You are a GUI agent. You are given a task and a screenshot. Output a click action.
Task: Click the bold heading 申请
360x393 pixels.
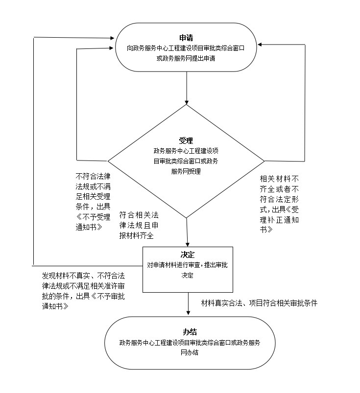tap(186, 38)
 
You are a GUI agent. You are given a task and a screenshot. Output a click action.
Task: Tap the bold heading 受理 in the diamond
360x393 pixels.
tap(186, 140)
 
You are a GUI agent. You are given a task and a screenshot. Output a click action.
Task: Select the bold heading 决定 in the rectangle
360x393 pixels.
tap(188, 254)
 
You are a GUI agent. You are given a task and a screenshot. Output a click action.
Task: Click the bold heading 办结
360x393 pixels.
tap(190, 332)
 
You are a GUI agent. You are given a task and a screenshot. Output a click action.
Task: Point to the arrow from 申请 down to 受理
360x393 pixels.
tap(187, 88)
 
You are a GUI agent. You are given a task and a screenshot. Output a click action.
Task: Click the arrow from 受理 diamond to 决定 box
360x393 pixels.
tap(187, 232)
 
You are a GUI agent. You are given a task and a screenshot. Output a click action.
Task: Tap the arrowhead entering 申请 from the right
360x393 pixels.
tap(260, 45)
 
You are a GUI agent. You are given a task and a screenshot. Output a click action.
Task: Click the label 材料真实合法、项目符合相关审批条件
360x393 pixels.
tap(259, 303)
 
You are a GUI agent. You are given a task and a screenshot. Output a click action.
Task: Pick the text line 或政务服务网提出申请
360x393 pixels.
tap(186, 58)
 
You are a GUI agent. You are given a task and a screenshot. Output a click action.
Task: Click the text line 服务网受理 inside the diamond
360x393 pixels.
tap(186, 171)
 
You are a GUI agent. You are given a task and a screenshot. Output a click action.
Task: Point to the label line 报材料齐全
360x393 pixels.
tap(136, 235)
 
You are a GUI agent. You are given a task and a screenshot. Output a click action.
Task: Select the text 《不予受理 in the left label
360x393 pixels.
tap(93, 217)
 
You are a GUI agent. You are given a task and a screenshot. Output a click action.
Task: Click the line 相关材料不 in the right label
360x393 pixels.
tap(279, 179)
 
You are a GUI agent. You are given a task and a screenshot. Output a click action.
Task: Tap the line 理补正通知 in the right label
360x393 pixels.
tap(279, 220)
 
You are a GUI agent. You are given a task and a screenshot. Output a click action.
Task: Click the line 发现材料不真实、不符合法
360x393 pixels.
tap(83, 276)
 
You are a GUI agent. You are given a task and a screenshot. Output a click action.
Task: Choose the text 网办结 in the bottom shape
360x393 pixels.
tap(190, 352)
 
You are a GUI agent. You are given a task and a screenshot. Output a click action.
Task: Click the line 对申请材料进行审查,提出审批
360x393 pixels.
tap(188, 265)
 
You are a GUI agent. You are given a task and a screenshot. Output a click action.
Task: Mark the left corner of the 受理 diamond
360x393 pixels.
tap(108, 161)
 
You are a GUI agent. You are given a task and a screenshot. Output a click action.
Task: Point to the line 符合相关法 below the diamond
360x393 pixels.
tap(139, 215)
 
